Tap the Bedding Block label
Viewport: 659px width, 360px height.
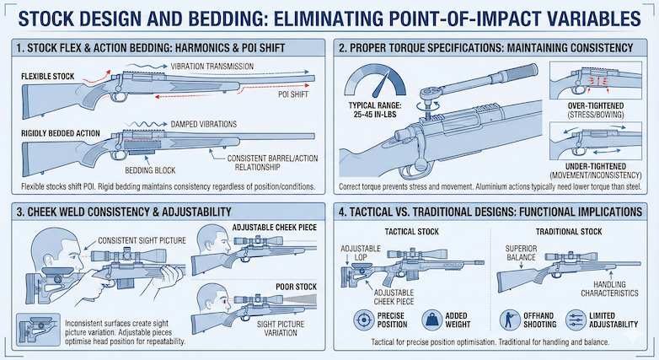click(x=150, y=170)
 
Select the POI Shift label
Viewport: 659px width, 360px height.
click(x=293, y=94)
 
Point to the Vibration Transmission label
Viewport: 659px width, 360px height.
click(x=212, y=67)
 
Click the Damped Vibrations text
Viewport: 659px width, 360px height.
click(x=203, y=125)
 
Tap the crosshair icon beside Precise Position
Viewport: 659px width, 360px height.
click(x=363, y=320)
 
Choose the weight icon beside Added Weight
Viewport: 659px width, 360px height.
click(x=431, y=320)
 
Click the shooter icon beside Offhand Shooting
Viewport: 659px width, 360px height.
click(x=510, y=320)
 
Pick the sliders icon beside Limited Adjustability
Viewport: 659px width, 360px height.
click(x=576, y=320)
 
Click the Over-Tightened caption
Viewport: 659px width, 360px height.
click(x=596, y=110)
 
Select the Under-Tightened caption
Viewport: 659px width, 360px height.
click(x=596, y=171)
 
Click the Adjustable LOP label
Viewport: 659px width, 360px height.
click(x=361, y=253)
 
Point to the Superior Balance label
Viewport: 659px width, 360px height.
click(x=521, y=253)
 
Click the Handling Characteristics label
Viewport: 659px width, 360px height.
click(x=609, y=289)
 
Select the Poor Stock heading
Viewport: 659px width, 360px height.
click(x=296, y=287)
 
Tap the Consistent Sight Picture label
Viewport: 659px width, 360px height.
click(x=142, y=240)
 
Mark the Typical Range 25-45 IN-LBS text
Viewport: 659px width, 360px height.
click(x=375, y=110)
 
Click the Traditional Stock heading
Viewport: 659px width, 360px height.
click(x=569, y=232)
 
